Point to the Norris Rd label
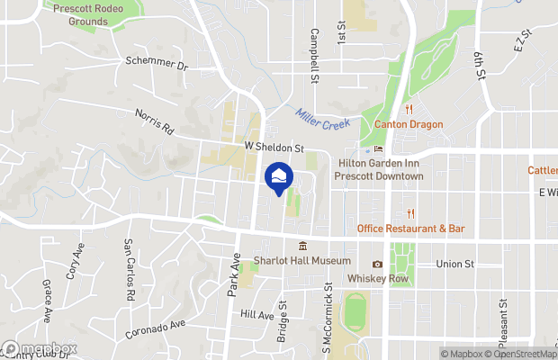[x=153, y=121]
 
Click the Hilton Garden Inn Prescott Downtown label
[x=379, y=170]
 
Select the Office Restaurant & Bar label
[x=410, y=229]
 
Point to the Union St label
[x=454, y=264]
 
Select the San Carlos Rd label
[x=129, y=269]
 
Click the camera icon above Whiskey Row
[x=377, y=264]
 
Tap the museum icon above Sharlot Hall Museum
[x=302, y=246]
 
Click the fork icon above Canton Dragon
[x=408, y=110]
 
